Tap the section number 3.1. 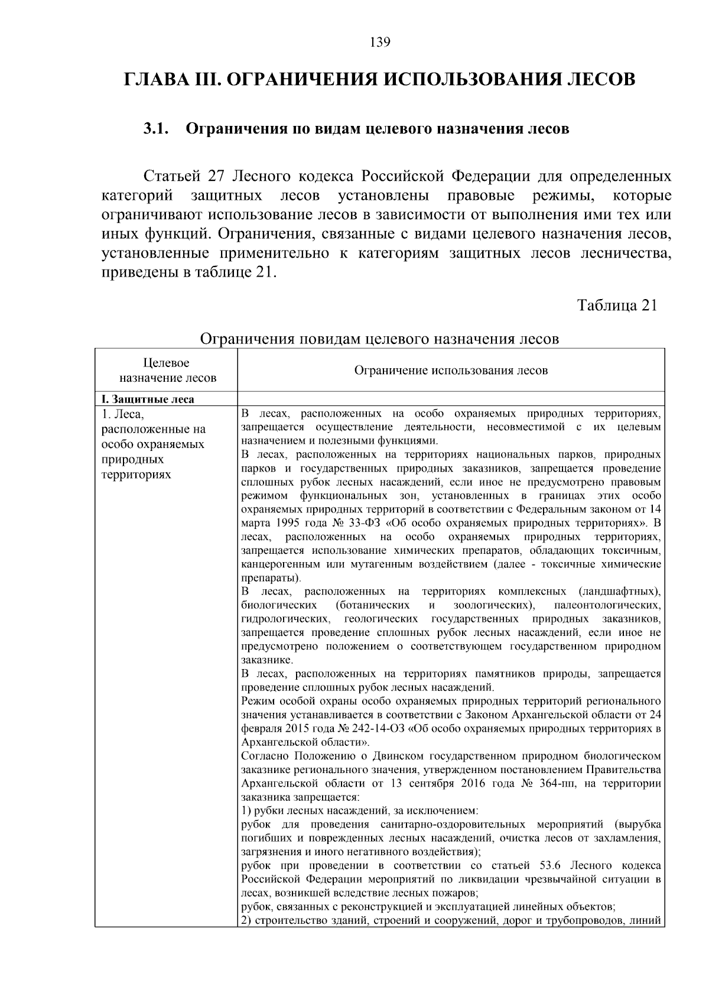156,129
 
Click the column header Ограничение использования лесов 451,371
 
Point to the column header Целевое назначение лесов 168,371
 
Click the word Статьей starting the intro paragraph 173,176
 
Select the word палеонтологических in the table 607,605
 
